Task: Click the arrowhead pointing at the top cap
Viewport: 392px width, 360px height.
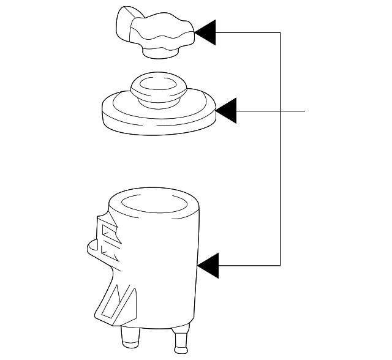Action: point(206,32)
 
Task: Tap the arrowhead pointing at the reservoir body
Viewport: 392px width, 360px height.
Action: point(208,265)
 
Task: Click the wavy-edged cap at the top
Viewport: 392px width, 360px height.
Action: point(162,33)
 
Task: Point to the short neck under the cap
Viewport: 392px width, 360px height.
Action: point(160,54)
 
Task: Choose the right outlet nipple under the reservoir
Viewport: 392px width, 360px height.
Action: point(181,342)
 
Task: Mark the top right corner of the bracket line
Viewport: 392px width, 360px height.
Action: point(281,32)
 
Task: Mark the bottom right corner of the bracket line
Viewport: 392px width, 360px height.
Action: point(281,265)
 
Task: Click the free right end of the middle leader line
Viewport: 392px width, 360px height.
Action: point(304,111)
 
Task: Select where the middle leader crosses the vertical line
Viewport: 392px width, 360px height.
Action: point(281,111)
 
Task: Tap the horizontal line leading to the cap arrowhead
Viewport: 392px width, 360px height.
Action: point(248,32)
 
